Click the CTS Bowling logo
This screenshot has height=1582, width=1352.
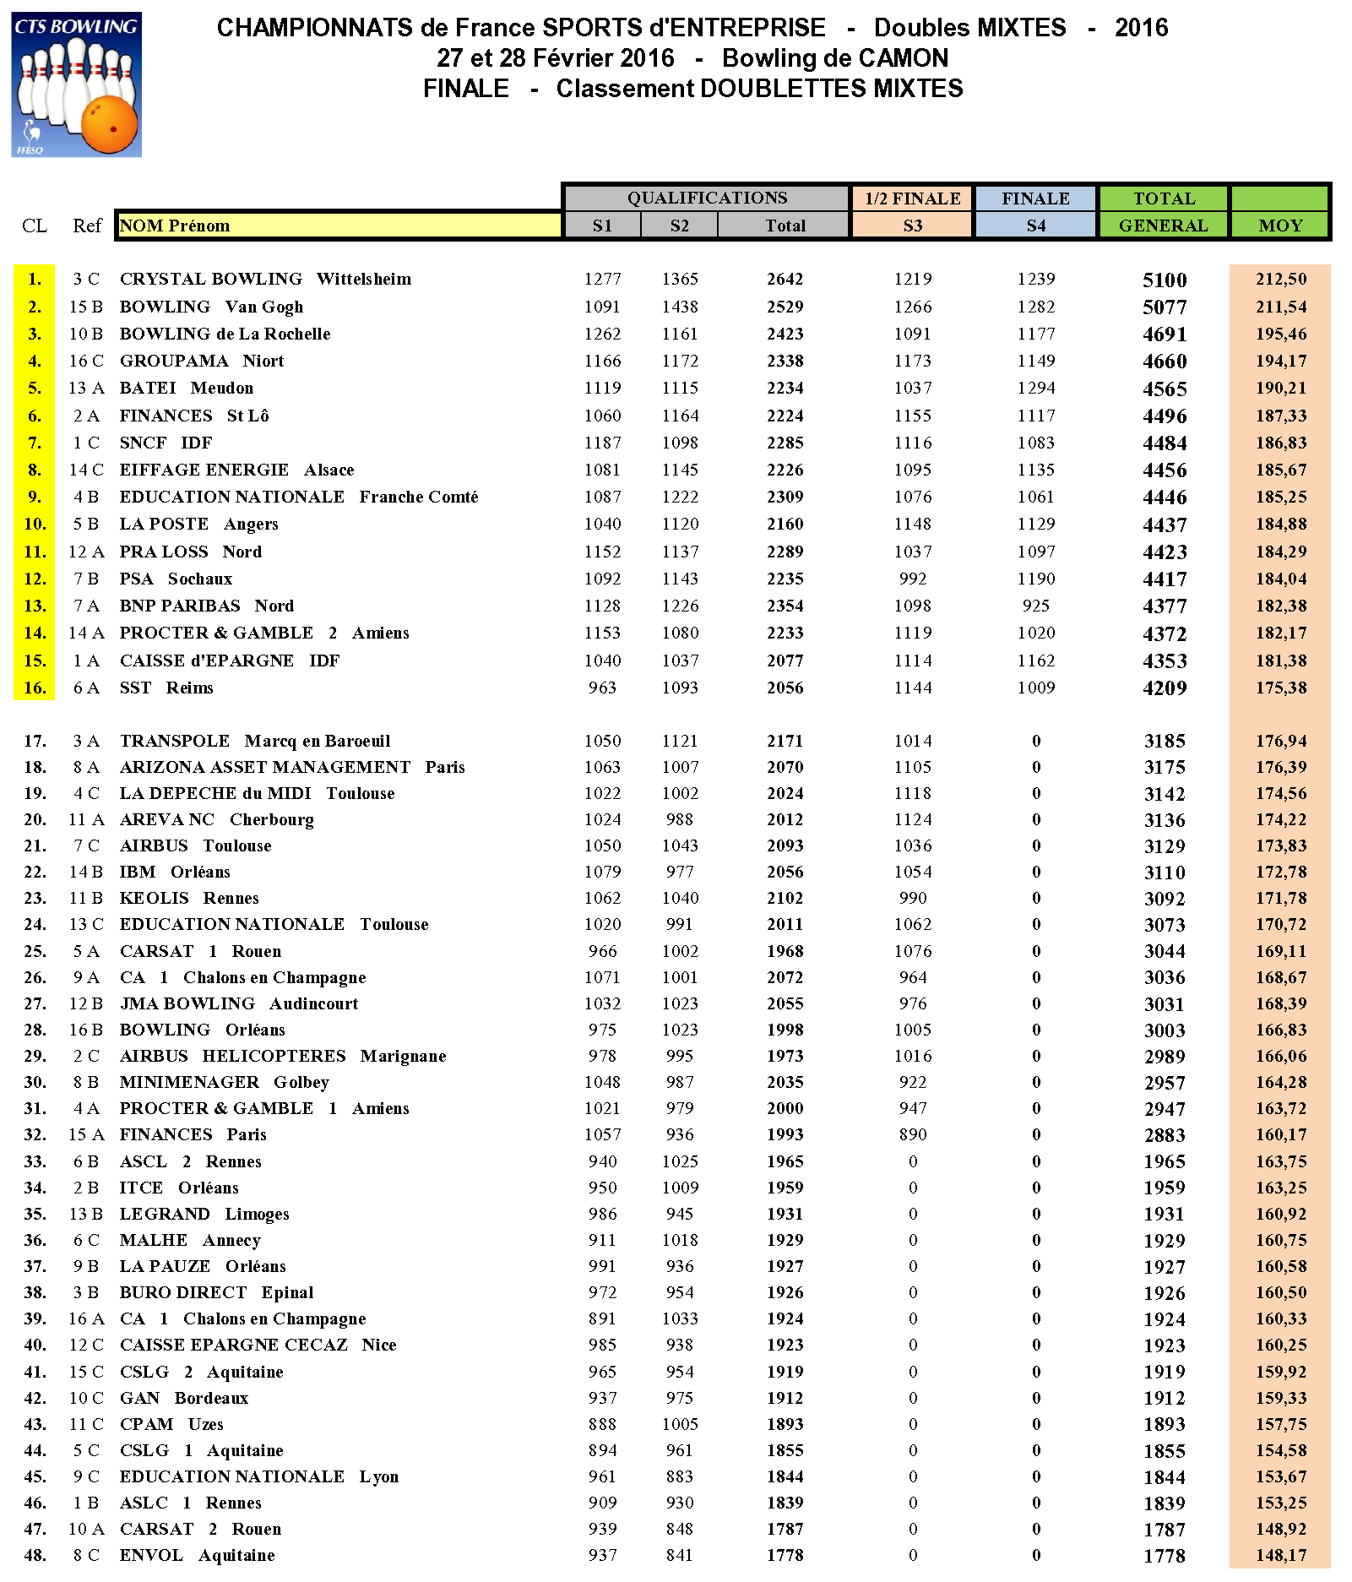(x=76, y=84)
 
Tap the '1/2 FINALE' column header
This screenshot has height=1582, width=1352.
(x=912, y=198)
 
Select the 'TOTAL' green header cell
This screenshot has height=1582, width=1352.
(x=1164, y=198)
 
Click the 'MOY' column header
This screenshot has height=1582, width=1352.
(x=1280, y=226)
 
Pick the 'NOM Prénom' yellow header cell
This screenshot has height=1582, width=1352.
(x=338, y=226)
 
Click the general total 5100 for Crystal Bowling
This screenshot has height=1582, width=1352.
(x=1165, y=280)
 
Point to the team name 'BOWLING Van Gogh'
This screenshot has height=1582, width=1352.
(x=211, y=307)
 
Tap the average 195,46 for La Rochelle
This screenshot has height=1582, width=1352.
(x=1280, y=334)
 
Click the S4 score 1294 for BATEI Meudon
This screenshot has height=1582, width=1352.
(x=1036, y=388)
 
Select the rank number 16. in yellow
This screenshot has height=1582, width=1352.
(x=35, y=688)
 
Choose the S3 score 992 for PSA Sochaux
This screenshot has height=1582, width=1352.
(x=913, y=579)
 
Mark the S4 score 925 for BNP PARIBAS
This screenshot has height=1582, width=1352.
(x=1036, y=606)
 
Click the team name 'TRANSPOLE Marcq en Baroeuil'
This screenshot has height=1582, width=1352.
(x=255, y=741)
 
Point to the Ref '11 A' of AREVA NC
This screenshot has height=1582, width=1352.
(x=86, y=819)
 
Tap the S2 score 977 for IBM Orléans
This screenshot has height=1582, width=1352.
(x=680, y=872)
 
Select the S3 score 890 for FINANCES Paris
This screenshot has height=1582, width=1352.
(x=913, y=1134)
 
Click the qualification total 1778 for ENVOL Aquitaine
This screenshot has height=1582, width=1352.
(x=785, y=1555)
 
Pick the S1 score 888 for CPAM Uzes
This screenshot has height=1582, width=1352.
(x=602, y=1424)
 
